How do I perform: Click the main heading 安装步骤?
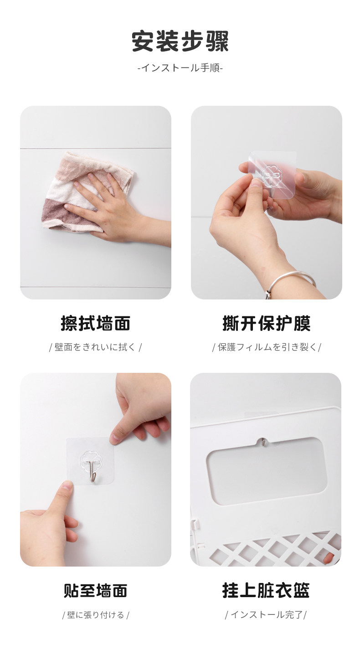180,41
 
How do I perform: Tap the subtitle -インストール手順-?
180,68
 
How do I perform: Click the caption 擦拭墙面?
95,324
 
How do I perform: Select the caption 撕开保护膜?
267,324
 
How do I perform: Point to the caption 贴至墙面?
95,590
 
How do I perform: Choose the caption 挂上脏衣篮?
266,590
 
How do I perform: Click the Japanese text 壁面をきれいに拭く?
95,347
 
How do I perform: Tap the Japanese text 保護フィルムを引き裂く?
267,347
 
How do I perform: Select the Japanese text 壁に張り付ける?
96,615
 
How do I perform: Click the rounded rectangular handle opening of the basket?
266,471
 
